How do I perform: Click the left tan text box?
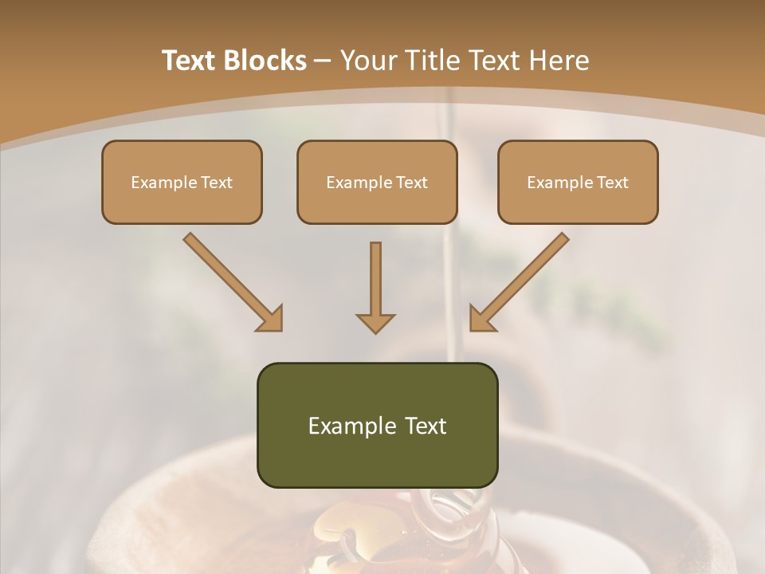click(182, 182)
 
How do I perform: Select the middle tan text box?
click(377, 182)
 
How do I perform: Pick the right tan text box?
click(578, 182)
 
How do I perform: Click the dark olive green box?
click(377, 425)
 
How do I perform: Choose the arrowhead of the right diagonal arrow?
click(481, 318)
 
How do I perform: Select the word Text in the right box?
click(612, 183)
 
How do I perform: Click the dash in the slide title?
click(323, 61)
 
